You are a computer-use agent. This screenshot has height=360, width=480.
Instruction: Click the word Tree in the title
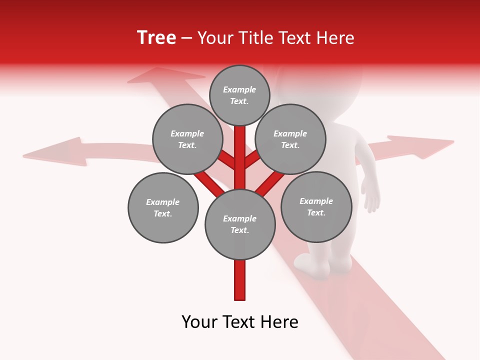coord(156,38)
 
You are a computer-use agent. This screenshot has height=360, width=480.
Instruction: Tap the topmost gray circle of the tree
coord(239,95)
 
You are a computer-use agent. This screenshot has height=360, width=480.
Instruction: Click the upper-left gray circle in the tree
coord(187,139)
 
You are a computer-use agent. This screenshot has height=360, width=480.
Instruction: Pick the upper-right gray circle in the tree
coord(290,139)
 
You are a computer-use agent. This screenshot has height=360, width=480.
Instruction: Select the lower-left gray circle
coord(163,207)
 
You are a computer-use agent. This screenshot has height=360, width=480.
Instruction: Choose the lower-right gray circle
coord(316,206)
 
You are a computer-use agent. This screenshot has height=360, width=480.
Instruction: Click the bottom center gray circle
coord(240,224)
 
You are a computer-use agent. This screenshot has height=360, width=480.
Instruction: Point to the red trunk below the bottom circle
coord(240,280)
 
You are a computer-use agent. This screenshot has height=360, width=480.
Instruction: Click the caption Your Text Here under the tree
coord(240,322)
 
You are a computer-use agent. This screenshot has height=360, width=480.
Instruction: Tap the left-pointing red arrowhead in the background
coord(55,151)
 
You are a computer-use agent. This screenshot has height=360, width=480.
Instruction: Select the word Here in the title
coord(335,38)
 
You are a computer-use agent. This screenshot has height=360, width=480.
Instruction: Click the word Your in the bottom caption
coord(199,322)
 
